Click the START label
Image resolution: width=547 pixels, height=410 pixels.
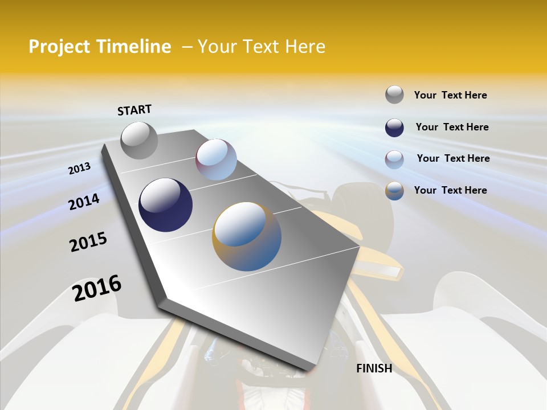134,110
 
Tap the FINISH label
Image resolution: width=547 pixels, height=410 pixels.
374,368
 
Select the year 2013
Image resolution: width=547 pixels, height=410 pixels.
79,169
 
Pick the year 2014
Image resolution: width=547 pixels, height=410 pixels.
84,202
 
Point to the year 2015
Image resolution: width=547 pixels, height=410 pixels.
88,242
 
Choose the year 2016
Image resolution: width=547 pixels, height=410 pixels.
97,288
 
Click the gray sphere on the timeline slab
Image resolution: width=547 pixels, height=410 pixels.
139,140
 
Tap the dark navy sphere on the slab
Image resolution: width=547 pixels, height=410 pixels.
165,205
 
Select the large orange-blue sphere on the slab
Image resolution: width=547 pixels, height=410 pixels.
247,236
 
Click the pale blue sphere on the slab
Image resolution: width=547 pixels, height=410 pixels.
216,159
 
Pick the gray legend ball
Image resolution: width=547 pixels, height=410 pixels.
394,95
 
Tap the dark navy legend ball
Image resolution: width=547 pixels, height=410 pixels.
394,128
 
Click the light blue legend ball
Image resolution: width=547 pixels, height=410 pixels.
394,159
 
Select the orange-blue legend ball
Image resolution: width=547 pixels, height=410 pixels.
394,191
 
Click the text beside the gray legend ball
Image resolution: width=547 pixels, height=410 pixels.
450,95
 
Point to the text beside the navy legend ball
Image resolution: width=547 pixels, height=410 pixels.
452,127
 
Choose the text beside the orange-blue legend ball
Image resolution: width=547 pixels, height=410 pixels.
450,190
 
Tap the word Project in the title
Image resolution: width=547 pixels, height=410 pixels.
60,47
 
